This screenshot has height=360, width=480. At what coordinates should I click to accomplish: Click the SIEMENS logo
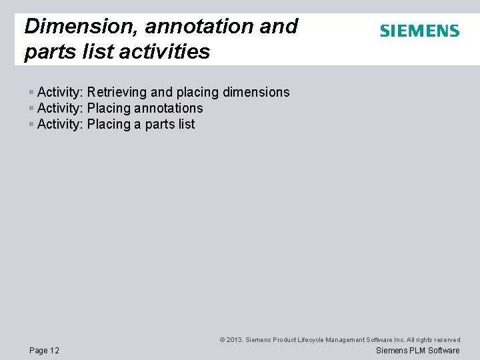(419, 31)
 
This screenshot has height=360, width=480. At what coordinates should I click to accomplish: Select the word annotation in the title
(197, 26)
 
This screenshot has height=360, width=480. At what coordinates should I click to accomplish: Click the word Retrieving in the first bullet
(117, 92)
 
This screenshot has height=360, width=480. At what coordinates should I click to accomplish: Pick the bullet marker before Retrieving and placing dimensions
(31, 92)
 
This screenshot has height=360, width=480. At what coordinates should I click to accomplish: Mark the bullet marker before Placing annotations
(31, 108)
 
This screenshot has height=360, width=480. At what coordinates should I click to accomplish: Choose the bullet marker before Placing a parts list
(31, 124)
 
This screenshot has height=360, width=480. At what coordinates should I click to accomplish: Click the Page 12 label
(45, 351)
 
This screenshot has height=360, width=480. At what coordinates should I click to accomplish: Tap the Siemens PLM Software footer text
(418, 351)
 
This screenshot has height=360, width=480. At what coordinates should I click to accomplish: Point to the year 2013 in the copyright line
(234, 340)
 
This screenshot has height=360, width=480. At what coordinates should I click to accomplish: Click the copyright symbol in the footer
(222, 340)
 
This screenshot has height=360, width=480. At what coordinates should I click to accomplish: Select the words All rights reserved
(434, 340)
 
